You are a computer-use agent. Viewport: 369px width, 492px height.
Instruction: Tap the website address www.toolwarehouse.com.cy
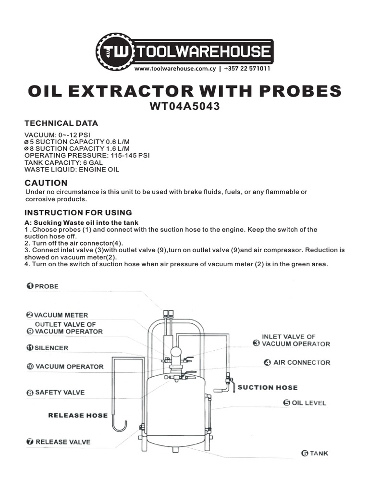click(x=174, y=69)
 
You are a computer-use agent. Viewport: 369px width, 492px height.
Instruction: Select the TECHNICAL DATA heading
click(x=61, y=123)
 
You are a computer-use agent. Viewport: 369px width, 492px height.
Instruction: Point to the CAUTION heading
click(x=46, y=183)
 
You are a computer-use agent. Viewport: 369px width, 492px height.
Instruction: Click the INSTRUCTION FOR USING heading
click(x=78, y=212)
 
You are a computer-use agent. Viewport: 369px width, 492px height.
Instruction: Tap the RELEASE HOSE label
click(x=78, y=415)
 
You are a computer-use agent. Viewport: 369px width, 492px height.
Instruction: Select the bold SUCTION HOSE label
click(x=268, y=387)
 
